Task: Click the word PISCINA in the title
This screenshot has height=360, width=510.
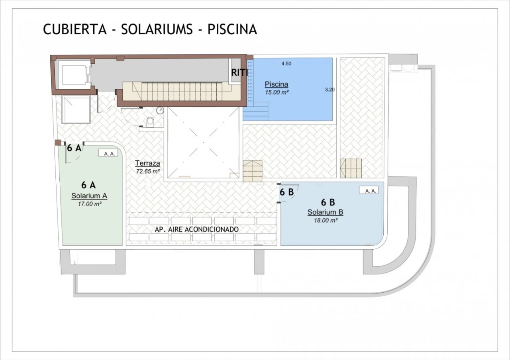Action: coord(232,29)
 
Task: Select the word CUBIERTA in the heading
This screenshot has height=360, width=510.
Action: coord(75,29)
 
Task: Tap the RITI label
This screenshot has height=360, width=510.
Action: coord(239,72)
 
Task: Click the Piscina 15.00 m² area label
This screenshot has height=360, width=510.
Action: coord(277,88)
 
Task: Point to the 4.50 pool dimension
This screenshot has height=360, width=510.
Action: coord(286,64)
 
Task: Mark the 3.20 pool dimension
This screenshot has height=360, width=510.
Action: coord(330,90)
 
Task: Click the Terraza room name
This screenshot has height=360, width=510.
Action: coord(147,163)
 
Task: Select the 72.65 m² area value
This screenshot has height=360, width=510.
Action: coord(148,171)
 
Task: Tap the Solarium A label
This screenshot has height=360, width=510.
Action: coord(89,196)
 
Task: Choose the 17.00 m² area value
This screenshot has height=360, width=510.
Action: coord(90,204)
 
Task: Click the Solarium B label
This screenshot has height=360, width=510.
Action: coord(326,212)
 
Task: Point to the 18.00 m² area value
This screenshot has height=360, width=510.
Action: coord(326,220)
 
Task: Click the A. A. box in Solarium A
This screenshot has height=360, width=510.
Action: coord(108,153)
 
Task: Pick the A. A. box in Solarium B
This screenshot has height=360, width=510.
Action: coord(369,190)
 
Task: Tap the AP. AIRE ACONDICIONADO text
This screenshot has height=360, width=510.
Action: coord(197,229)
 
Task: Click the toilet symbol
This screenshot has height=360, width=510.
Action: coord(150,122)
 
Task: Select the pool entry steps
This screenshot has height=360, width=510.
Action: coord(255,111)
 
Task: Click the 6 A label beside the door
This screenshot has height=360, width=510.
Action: coord(74,148)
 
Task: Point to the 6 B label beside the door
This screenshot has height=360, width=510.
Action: coord(286,192)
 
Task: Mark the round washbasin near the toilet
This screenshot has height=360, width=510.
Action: coord(160,111)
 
